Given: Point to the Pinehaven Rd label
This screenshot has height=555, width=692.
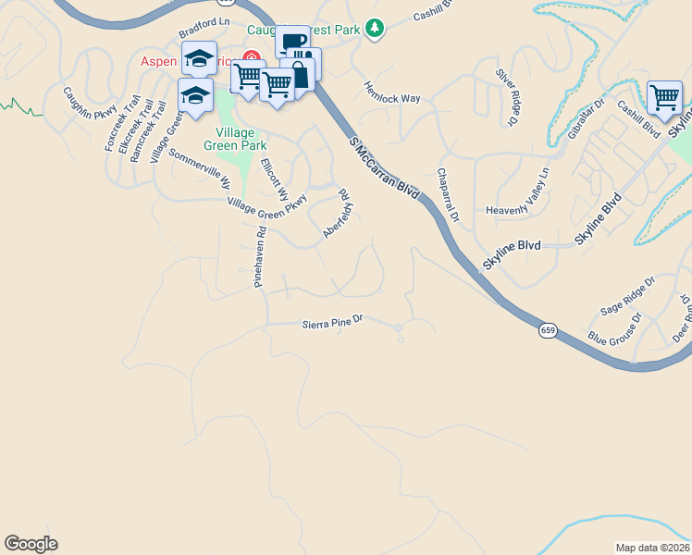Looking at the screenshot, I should (261, 259).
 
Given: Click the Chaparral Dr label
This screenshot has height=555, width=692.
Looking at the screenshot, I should (448, 195).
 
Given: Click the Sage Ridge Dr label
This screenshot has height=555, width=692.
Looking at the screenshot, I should (627, 294).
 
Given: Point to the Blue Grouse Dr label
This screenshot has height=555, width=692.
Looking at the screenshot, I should (613, 329).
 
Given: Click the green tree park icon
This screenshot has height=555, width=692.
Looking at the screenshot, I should (374, 30).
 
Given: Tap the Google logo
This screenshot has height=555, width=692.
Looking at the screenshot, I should (31, 544).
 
